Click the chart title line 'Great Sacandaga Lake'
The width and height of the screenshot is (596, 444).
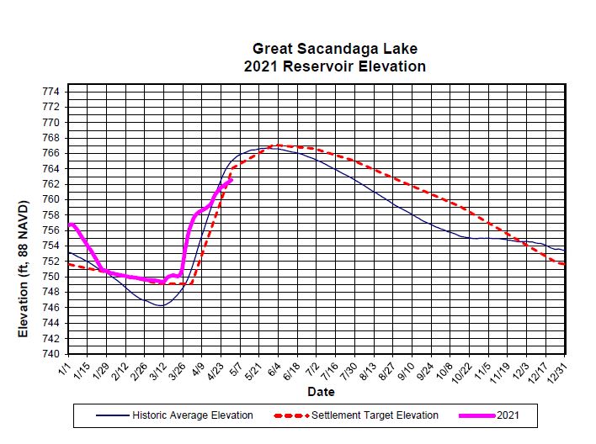click(334, 50)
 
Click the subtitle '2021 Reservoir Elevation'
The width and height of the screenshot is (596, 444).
click(334, 66)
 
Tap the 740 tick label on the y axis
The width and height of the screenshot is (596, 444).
click(51, 354)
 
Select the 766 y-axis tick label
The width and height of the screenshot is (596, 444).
click(51, 153)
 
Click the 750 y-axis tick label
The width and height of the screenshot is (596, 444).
click(51, 277)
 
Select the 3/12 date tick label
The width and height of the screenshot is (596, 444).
click(159, 370)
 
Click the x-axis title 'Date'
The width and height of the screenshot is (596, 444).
click(321, 392)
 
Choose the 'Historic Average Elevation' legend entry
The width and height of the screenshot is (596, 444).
click(192, 415)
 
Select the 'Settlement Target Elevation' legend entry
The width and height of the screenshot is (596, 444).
click(375, 415)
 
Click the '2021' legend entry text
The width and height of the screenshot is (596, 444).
click(508, 415)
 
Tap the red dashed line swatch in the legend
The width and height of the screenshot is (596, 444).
click(292, 415)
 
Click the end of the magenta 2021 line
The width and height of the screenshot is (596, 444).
click(230, 179)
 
